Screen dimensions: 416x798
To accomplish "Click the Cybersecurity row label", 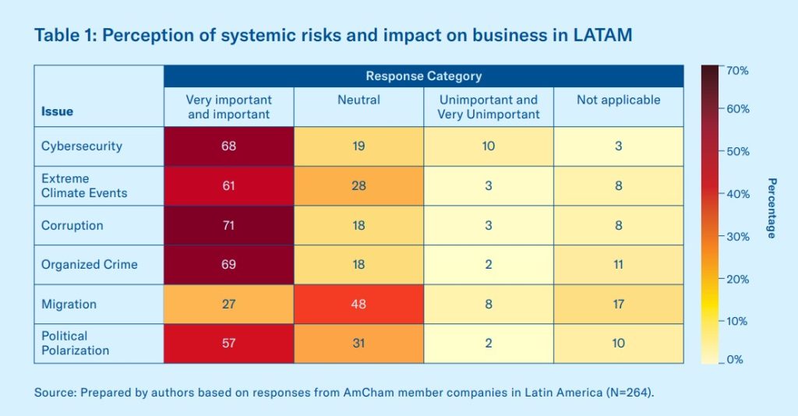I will [x=82, y=146].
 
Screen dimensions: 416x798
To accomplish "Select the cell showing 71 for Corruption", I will [x=228, y=225].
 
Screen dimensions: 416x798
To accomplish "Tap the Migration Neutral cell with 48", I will [x=358, y=304].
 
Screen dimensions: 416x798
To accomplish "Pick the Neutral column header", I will [x=358, y=100].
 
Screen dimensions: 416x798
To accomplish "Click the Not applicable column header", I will [x=618, y=100].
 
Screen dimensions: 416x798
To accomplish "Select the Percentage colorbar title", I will [x=772, y=208].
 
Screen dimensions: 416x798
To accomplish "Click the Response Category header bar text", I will [x=423, y=76].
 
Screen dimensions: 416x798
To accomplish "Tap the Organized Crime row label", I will [x=89, y=264].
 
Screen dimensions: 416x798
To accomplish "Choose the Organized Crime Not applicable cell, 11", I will [x=618, y=264].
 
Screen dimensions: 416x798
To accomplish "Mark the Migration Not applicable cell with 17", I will [x=618, y=304].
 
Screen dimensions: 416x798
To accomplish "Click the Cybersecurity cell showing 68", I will [x=228, y=146].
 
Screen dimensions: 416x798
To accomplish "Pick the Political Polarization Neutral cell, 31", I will [x=358, y=344].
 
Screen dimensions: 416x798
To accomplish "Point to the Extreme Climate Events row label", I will [x=84, y=185].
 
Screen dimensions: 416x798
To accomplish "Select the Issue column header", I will [x=57, y=111].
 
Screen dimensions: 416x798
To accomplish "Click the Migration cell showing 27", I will [x=228, y=304].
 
